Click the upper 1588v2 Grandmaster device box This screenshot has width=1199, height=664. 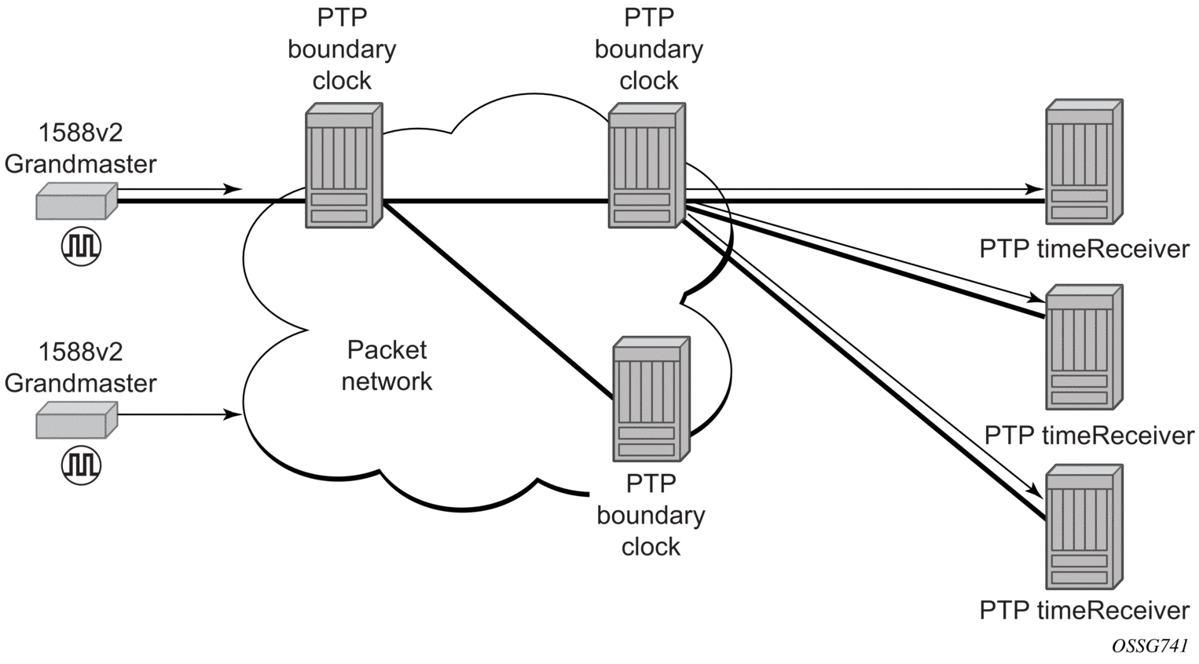[x=76, y=201]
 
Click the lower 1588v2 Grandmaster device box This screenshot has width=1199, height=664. [x=76, y=420]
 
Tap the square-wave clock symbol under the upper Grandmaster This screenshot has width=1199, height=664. [x=81, y=246]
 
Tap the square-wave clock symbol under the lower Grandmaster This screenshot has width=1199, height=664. [x=81, y=465]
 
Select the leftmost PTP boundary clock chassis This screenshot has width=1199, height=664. [x=344, y=166]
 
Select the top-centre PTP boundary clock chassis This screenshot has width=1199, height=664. [x=647, y=166]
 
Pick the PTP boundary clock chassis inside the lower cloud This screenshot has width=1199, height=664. [x=651, y=399]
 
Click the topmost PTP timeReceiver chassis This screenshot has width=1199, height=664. [x=1084, y=162]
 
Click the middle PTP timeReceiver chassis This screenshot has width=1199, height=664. [x=1084, y=347]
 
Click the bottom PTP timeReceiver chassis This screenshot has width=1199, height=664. [x=1084, y=527]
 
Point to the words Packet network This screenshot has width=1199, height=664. [x=387, y=366]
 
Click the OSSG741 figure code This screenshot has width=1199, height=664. [x=1149, y=647]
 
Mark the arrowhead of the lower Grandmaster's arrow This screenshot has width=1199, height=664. [x=233, y=414]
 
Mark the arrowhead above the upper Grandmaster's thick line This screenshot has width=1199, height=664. [x=233, y=188]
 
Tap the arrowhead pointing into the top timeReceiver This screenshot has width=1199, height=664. [x=1036, y=188]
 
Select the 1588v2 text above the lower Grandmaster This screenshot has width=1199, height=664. [x=81, y=352]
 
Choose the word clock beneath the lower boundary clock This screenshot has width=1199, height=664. [x=651, y=547]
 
